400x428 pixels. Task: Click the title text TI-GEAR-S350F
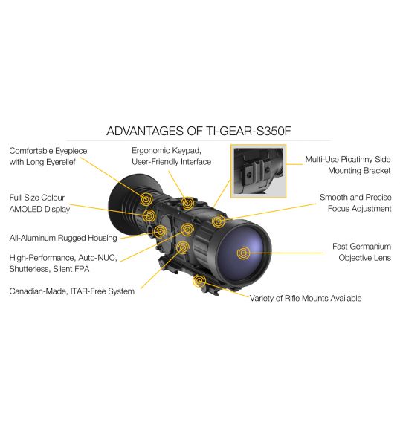pos(248,131)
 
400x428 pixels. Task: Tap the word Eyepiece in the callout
pos(71,151)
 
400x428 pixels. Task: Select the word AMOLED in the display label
pos(26,209)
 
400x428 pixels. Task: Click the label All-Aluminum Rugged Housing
pos(63,238)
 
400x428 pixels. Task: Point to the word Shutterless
pos(30,269)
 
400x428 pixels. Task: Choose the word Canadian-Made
pos(38,291)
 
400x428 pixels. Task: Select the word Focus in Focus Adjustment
pos(338,209)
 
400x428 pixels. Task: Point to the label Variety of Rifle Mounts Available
pos(306,299)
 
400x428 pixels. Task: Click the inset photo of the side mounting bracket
pos(258,171)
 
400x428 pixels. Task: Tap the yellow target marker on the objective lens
pos(243,253)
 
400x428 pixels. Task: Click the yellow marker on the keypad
pos(187,203)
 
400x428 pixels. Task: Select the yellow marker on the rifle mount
pos(199,281)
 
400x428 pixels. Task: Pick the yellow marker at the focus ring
pos(219,221)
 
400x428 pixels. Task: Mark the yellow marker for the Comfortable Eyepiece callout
pos(146,198)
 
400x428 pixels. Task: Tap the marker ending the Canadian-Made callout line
pos(183,247)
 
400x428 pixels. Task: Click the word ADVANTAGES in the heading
pos(145,131)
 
